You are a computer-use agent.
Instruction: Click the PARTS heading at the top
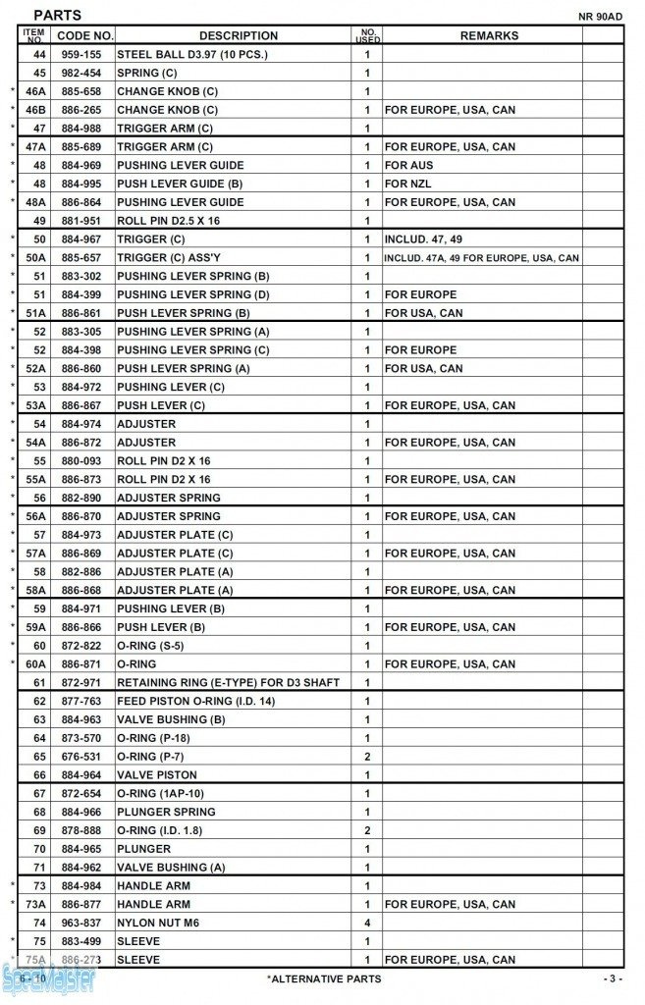57,16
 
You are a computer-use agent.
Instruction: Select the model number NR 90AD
601,17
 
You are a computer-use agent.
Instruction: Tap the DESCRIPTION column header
238,35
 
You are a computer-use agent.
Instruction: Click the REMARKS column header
489,35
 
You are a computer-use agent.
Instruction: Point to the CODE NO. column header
84,35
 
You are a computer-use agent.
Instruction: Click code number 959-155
81,55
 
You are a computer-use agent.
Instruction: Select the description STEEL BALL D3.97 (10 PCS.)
191,55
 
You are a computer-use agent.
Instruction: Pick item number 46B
36,110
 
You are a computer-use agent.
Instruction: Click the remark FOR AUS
408,165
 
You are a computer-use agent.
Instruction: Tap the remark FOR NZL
407,184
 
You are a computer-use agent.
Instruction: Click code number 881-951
81,221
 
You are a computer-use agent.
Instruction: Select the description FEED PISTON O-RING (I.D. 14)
195,701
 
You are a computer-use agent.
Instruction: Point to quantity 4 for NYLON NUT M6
367,923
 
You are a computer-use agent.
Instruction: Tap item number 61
39,682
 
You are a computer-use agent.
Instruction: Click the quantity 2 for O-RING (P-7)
367,757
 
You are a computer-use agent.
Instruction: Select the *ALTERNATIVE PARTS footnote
323,979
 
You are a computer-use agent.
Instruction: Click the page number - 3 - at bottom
612,979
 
